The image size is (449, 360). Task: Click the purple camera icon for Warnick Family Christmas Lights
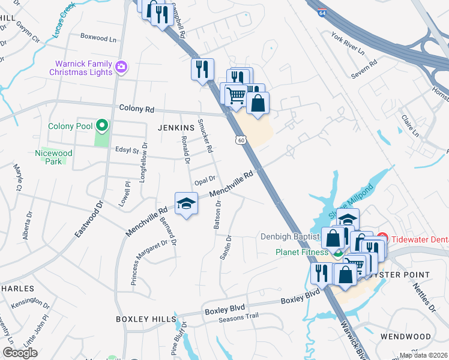pyautogui.click(x=121, y=67)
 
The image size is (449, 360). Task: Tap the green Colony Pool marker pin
pyautogui.click(x=102, y=126)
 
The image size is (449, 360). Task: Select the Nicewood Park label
pyautogui.click(x=54, y=157)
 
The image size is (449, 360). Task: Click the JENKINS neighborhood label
pyautogui.click(x=176, y=128)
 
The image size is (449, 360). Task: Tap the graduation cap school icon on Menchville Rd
pyautogui.click(x=186, y=204)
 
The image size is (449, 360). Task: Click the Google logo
pyautogui.click(x=20, y=353)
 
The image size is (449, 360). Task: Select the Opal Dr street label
pyautogui.click(x=204, y=181)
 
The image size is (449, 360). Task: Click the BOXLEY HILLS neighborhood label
pyautogui.click(x=146, y=319)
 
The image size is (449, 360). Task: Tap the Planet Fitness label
pyautogui.click(x=303, y=252)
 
